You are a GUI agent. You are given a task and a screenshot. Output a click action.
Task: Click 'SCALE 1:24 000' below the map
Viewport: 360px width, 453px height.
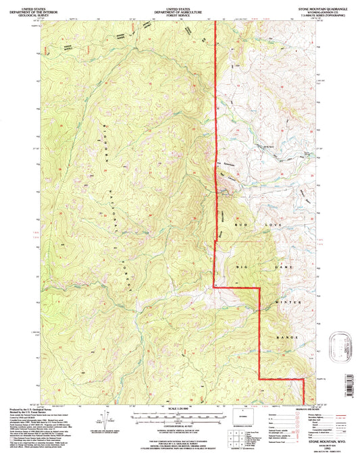(179, 408)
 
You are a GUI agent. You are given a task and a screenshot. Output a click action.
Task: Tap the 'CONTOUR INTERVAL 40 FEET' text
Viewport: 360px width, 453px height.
(179, 427)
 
